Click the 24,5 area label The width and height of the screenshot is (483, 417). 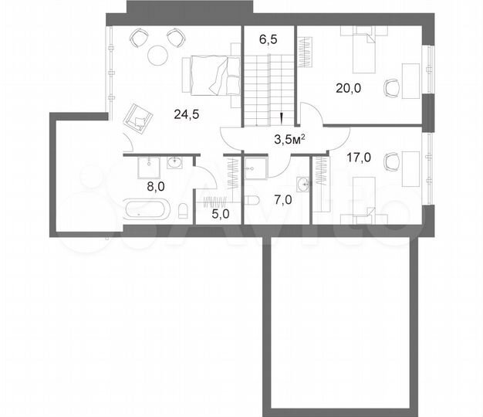pyautogui.click(x=185, y=115)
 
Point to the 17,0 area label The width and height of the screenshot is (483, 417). pyautogui.click(x=359, y=158)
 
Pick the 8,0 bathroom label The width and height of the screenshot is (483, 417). pyautogui.click(x=157, y=186)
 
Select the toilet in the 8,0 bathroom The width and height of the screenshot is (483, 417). pyautogui.click(x=182, y=210)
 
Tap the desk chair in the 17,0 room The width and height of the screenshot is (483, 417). pyautogui.click(x=393, y=163)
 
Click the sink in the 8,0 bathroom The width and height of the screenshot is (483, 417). pyautogui.click(x=174, y=162)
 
